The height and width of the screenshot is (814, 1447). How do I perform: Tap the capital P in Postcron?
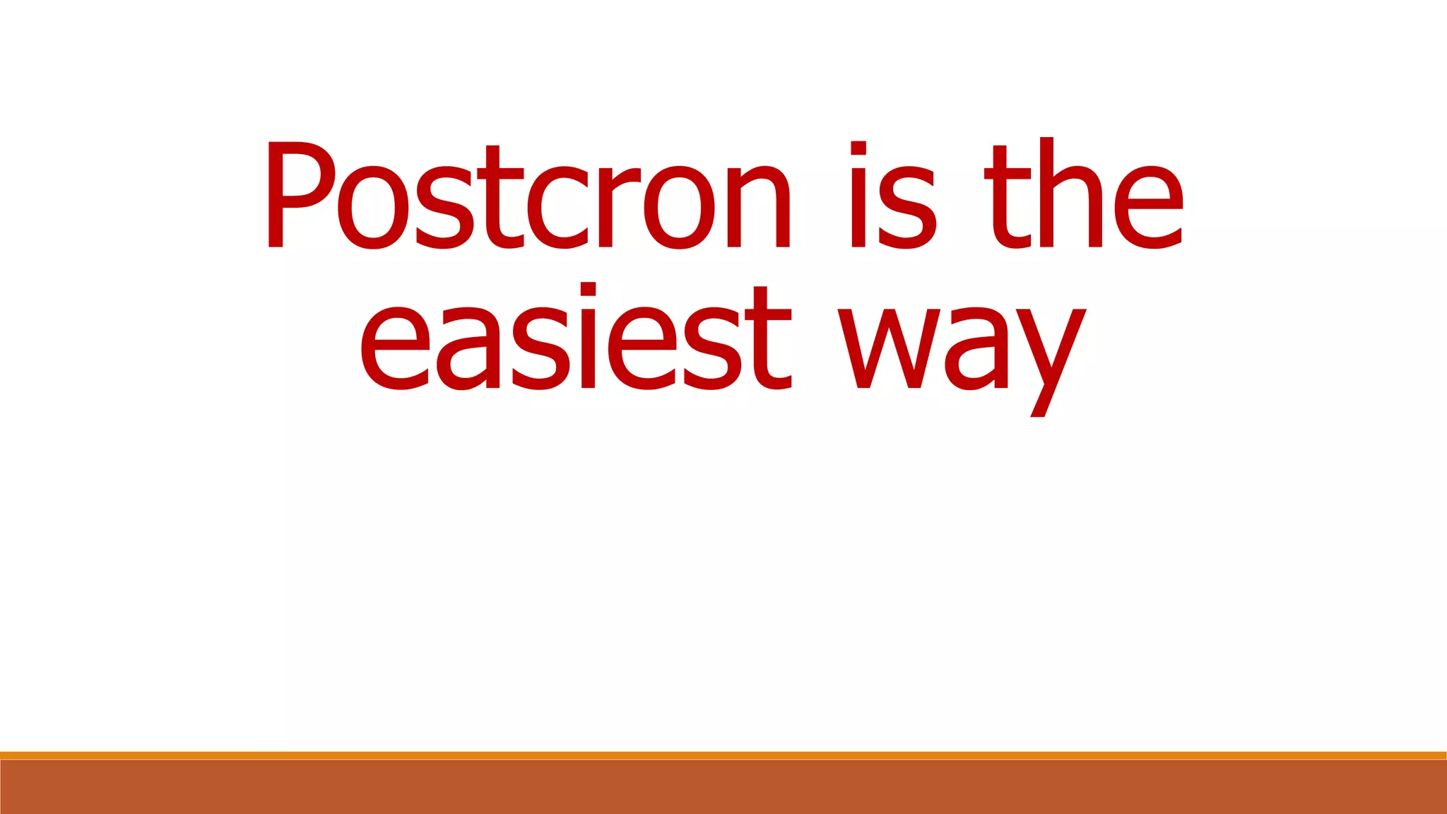297,195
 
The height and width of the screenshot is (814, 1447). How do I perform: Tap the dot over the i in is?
858,148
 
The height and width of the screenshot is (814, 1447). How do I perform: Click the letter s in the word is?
907,208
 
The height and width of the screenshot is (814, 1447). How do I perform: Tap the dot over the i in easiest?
589,288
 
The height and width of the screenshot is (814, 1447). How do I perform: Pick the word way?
962,353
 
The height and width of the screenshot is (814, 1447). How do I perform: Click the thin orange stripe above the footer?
723,755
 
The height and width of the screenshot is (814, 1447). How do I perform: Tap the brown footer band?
723,787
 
